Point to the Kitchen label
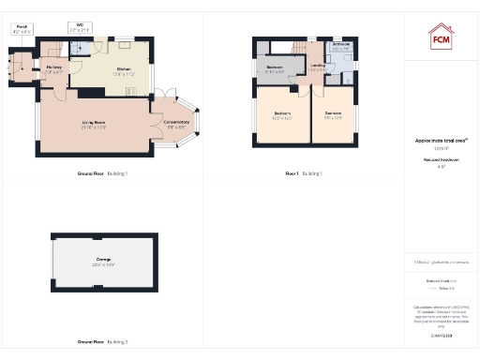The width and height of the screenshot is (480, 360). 124,68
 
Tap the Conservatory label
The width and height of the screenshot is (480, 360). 176,122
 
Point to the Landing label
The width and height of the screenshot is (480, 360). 318,65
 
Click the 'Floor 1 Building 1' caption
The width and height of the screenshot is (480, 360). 305,174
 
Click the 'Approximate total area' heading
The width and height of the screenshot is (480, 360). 441,141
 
